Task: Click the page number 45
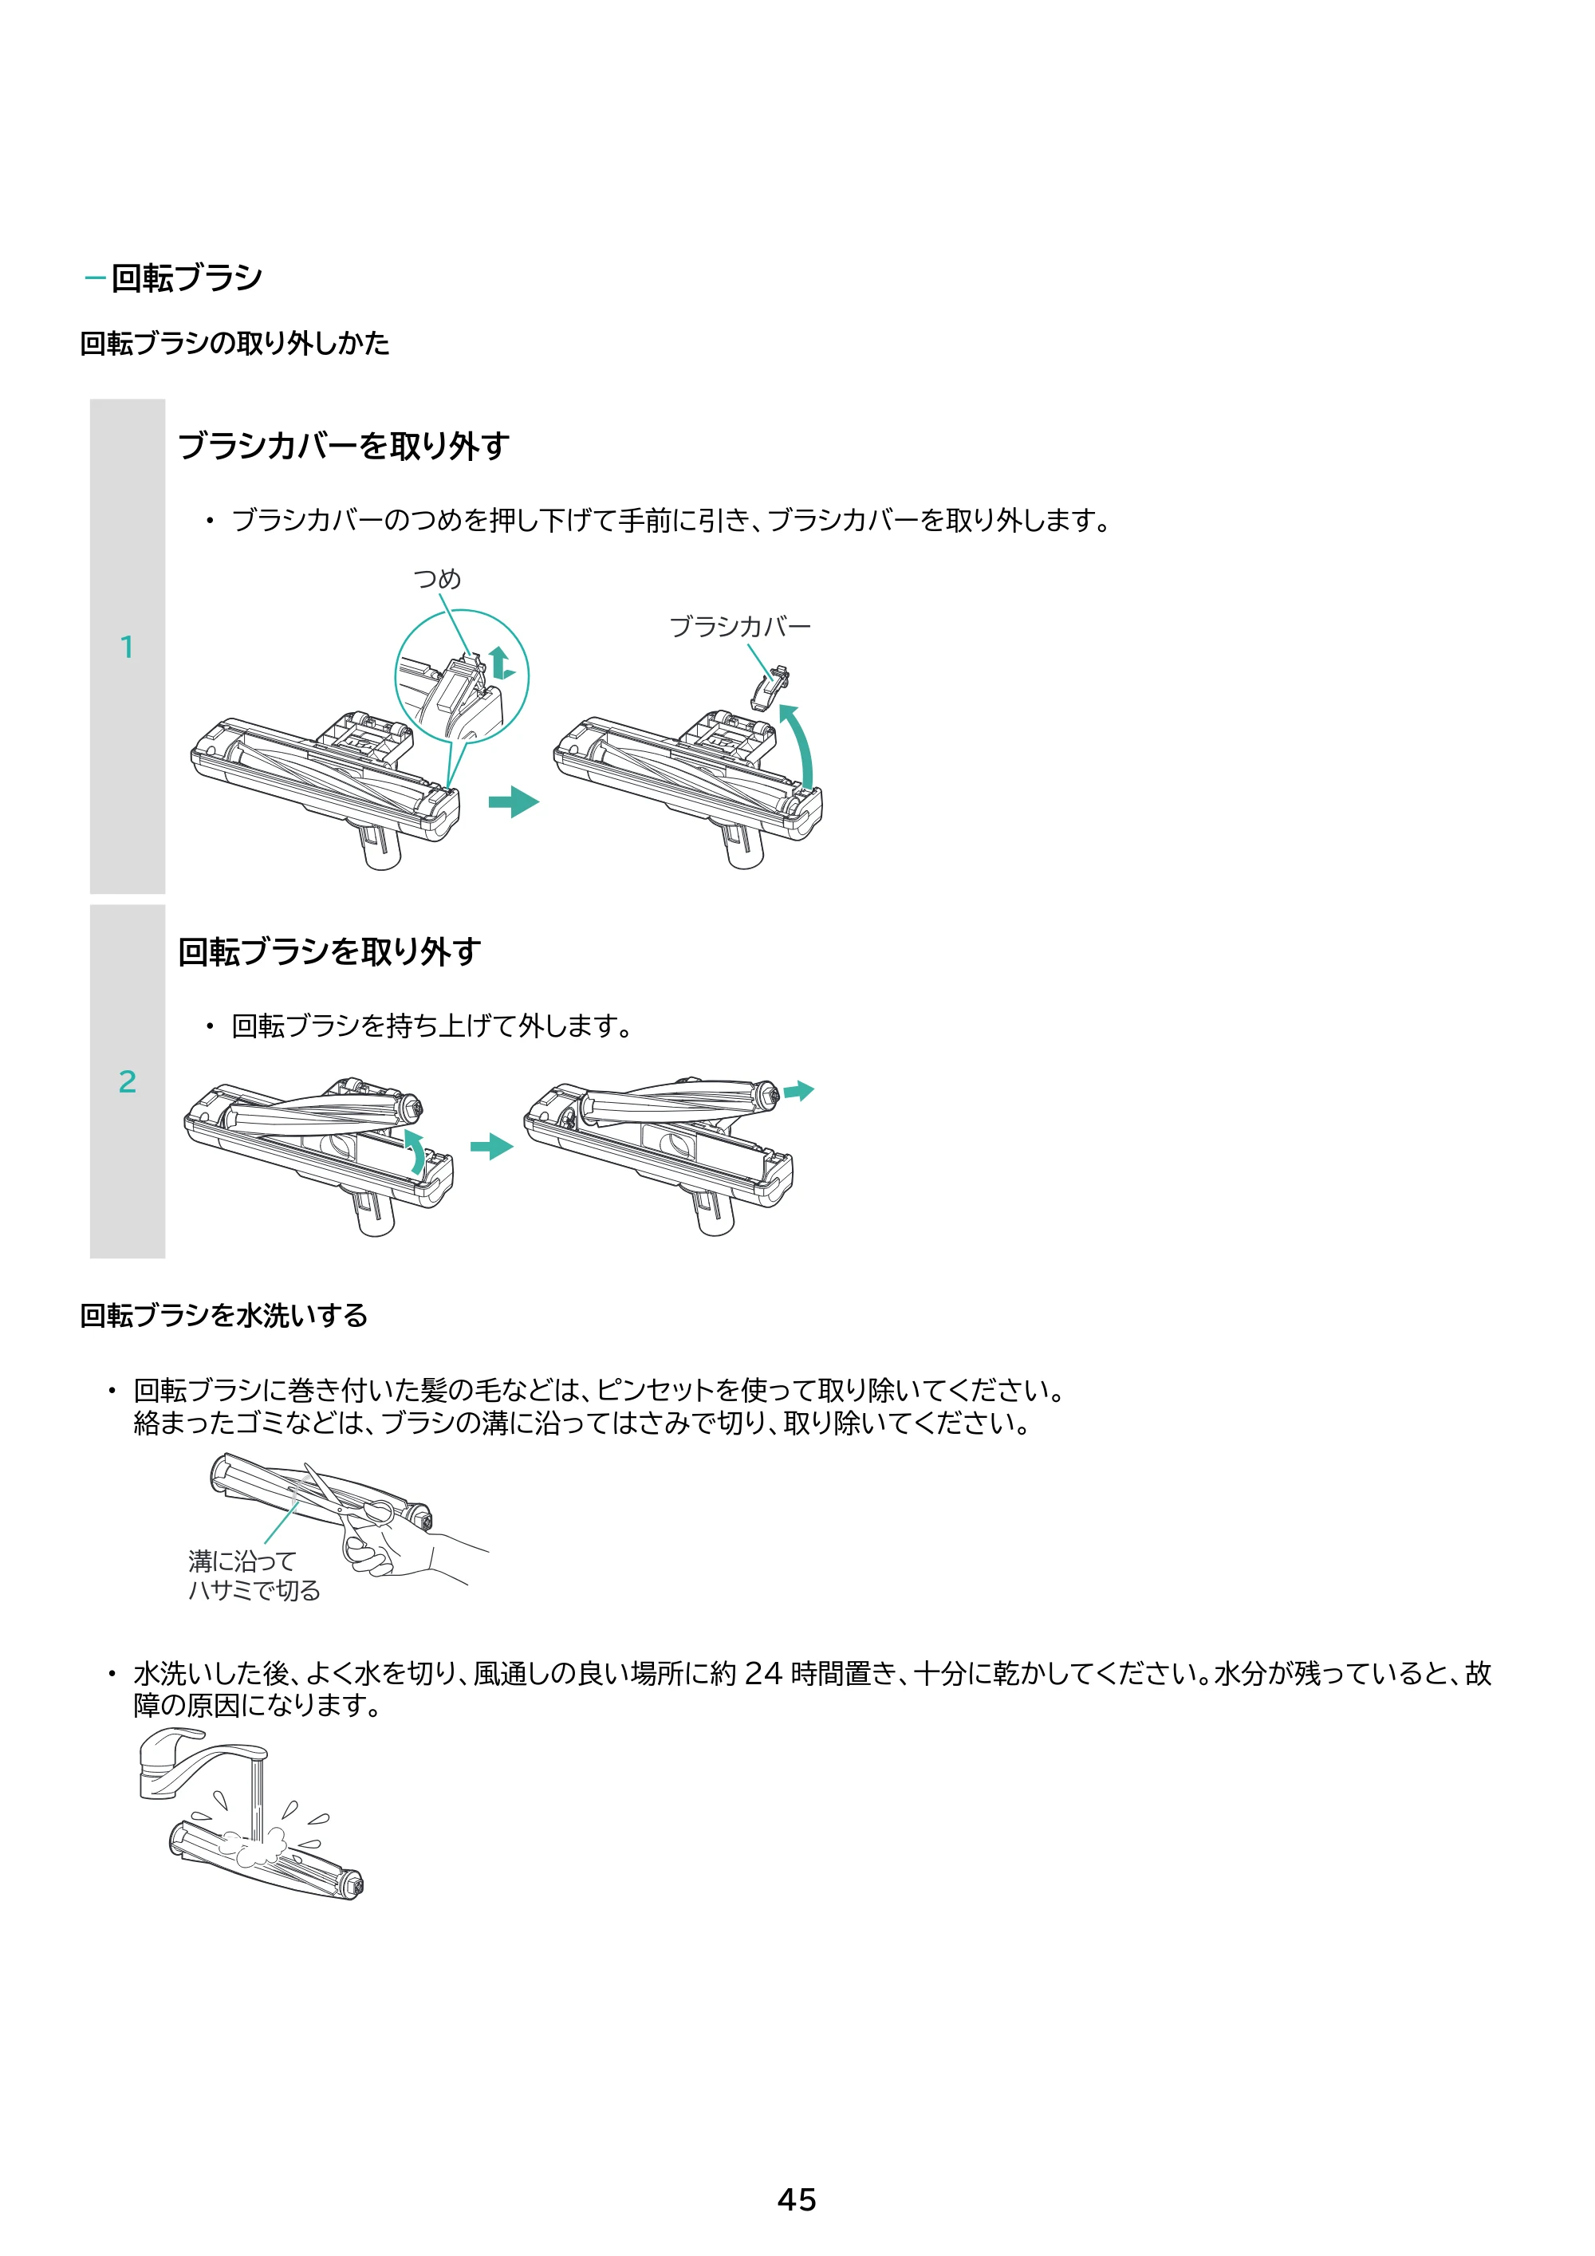click(x=796, y=2199)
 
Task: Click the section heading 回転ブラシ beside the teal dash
click(x=187, y=278)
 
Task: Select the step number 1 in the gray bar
click(x=127, y=647)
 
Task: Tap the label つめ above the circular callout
click(x=437, y=579)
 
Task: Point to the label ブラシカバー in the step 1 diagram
click(x=740, y=626)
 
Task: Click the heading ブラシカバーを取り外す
click(x=343, y=446)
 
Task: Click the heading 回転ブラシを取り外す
click(x=329, y=951)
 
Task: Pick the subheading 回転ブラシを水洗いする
click(x=224, y=1315)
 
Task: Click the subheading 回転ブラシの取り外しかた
click(x=235, y=343)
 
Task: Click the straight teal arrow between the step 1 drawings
click(x=514, y=801)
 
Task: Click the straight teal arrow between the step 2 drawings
click(x=492, y=1147)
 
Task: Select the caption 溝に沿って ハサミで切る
click(x=254, y=1575)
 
